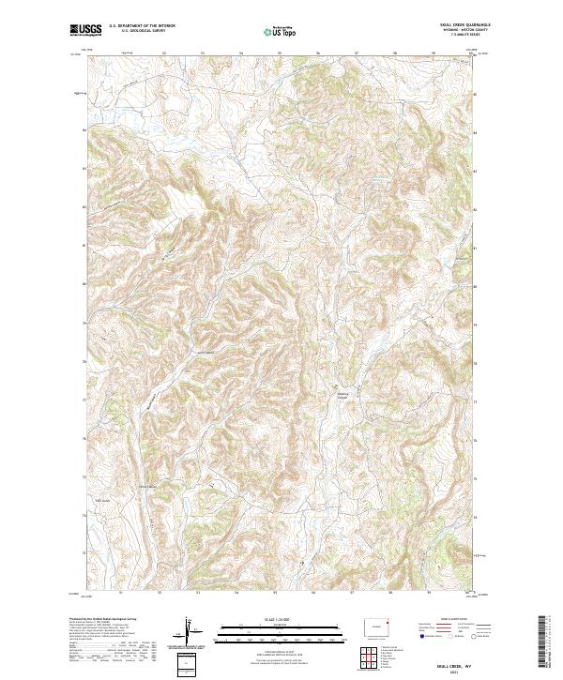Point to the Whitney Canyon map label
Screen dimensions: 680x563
(x=342, y=396)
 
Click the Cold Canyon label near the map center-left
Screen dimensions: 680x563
(x=205, y=353)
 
